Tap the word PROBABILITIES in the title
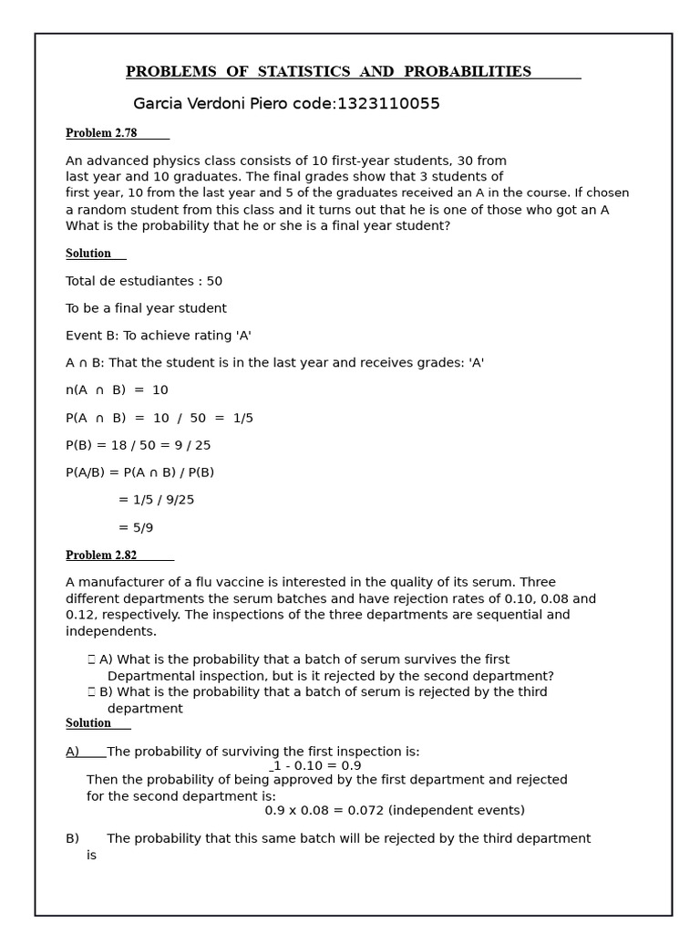pyautogui.click(x=467, y=72)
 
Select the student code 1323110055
pyautogui.click(x=388, y=104)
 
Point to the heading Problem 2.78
pyautogui.click(x=101, y=133)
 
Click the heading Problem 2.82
pyautogui.click(x=101, y=555)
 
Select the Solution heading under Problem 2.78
pyautogui.click(x=88, y=254)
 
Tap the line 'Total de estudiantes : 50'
pyautogui.click(x=144, y=282)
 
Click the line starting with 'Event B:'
pyautogui.click(x=159, y=336)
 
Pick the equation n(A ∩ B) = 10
pyautogui.click(x=117, y=390)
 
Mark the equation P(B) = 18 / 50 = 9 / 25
pyautogui.click(x=138, y=446)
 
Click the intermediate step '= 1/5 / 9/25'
pyautogui.click(x=156, y=500)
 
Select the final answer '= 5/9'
pyautogui.click(x=136, y=528)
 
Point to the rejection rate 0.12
pyautogui.click(x=79, y=615)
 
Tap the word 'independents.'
pyautogui.click(x=111, y=631)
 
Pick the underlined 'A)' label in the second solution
pyautogui.click(x=73, y=752)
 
